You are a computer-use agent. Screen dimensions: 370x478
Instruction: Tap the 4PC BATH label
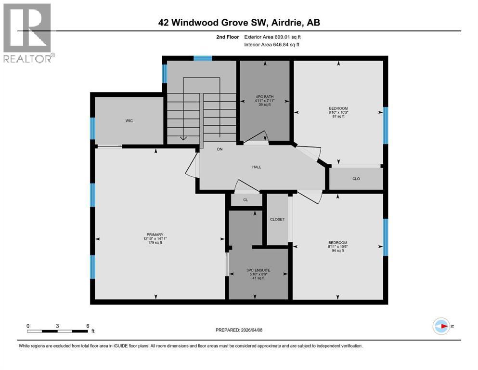pos(265,97)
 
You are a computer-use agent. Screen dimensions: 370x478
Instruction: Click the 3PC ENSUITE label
pos(258,270)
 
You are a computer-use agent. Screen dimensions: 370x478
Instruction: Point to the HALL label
pos(257,167)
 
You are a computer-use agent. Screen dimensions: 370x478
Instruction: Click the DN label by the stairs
pos(220,149)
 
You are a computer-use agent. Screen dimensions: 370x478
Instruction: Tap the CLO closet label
pos(356,179)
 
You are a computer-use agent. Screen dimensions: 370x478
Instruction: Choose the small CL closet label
pos(245,199)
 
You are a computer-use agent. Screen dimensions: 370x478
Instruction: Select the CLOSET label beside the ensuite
pos(277,219)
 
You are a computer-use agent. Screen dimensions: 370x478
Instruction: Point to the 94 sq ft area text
pos(337,251)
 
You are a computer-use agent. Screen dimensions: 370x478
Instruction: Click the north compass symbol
pos(441,326)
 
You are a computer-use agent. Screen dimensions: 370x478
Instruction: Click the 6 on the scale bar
pos(88,326)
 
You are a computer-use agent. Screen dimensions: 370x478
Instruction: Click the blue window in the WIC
pos(93,128)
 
